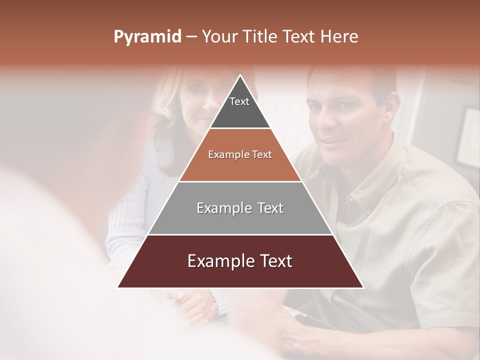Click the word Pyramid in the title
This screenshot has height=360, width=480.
point(147,37)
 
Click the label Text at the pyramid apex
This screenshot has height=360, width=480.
point(239,101)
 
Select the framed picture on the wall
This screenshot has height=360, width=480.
point(467,137)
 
